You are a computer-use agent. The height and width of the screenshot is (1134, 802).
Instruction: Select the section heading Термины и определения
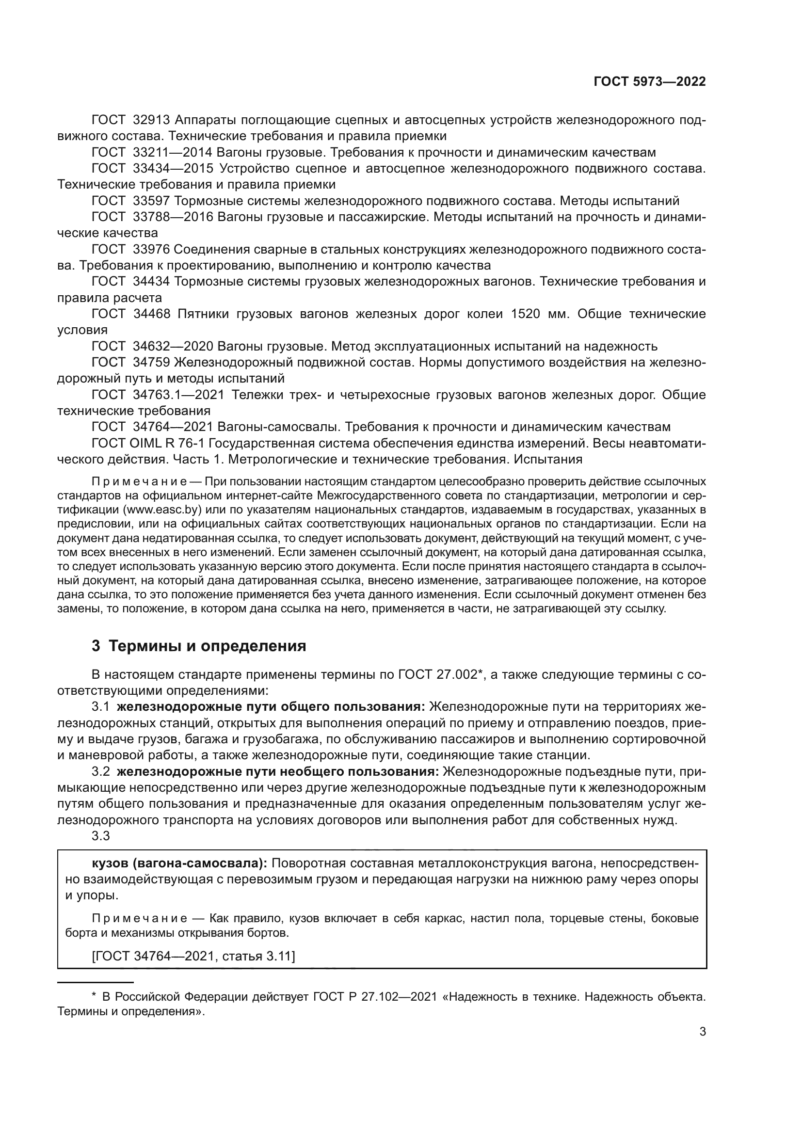(207, 646)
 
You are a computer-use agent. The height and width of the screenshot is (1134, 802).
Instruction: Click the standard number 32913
(151, 120)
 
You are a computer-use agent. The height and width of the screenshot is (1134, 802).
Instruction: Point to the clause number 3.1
(100, 707)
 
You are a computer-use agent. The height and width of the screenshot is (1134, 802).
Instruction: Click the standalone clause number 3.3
(100, 836)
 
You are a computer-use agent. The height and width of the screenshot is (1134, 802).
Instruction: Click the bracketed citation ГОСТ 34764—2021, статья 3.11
(193, 956)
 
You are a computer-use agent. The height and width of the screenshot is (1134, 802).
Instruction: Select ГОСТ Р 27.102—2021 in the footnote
(375, 997)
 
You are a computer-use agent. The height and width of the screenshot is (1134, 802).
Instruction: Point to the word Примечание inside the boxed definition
(139, 919)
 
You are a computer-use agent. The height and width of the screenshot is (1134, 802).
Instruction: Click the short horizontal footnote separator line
(96, 983)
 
